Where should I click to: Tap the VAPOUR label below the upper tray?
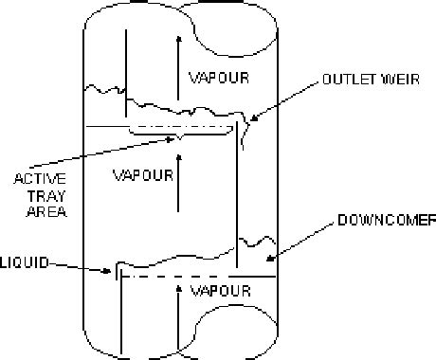point(142,174)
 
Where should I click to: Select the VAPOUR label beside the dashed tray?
point(220,289)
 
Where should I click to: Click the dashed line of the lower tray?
point(190,278)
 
